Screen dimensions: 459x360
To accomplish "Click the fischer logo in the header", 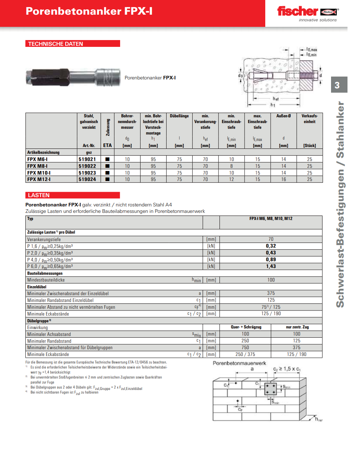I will tap(307, 13).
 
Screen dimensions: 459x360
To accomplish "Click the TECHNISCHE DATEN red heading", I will tap(56, 44).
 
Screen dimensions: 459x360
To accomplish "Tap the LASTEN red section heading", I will tap(39, 195).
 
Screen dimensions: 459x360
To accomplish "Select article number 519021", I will tap(87, 159).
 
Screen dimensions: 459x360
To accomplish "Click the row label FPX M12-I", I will tap(39, 179).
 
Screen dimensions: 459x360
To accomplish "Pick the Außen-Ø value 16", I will tap(283, 179).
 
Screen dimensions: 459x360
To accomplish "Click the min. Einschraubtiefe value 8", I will tap(231, 166).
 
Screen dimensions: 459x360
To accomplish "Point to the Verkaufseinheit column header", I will tap(310, 119).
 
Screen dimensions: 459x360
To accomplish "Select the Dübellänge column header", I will tap(179, 116).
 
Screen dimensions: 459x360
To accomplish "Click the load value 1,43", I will tap(271, 266).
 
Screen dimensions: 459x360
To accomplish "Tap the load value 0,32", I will tap(271, 246).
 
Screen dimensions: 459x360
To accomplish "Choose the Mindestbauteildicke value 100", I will tap(271, 280).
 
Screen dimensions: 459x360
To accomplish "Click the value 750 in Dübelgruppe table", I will tap(245, 347).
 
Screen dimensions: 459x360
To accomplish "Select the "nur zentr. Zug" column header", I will tap(297, 327).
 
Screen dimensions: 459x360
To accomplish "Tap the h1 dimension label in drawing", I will tap(273, 105).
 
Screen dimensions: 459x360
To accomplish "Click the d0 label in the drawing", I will tap(241, 76).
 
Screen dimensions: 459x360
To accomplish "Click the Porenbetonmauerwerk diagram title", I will tap(240, 363).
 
